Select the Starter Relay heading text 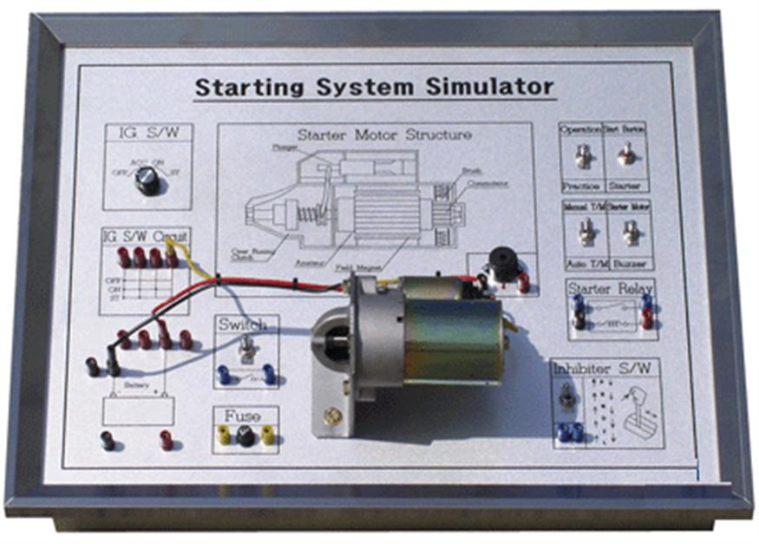point(610,288)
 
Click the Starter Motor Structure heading point(384,135)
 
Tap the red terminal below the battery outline point(166,440)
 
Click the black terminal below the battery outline point(108,440)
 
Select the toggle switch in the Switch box point(246,350)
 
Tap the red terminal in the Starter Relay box point(647,320)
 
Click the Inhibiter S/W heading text point(606,369)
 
